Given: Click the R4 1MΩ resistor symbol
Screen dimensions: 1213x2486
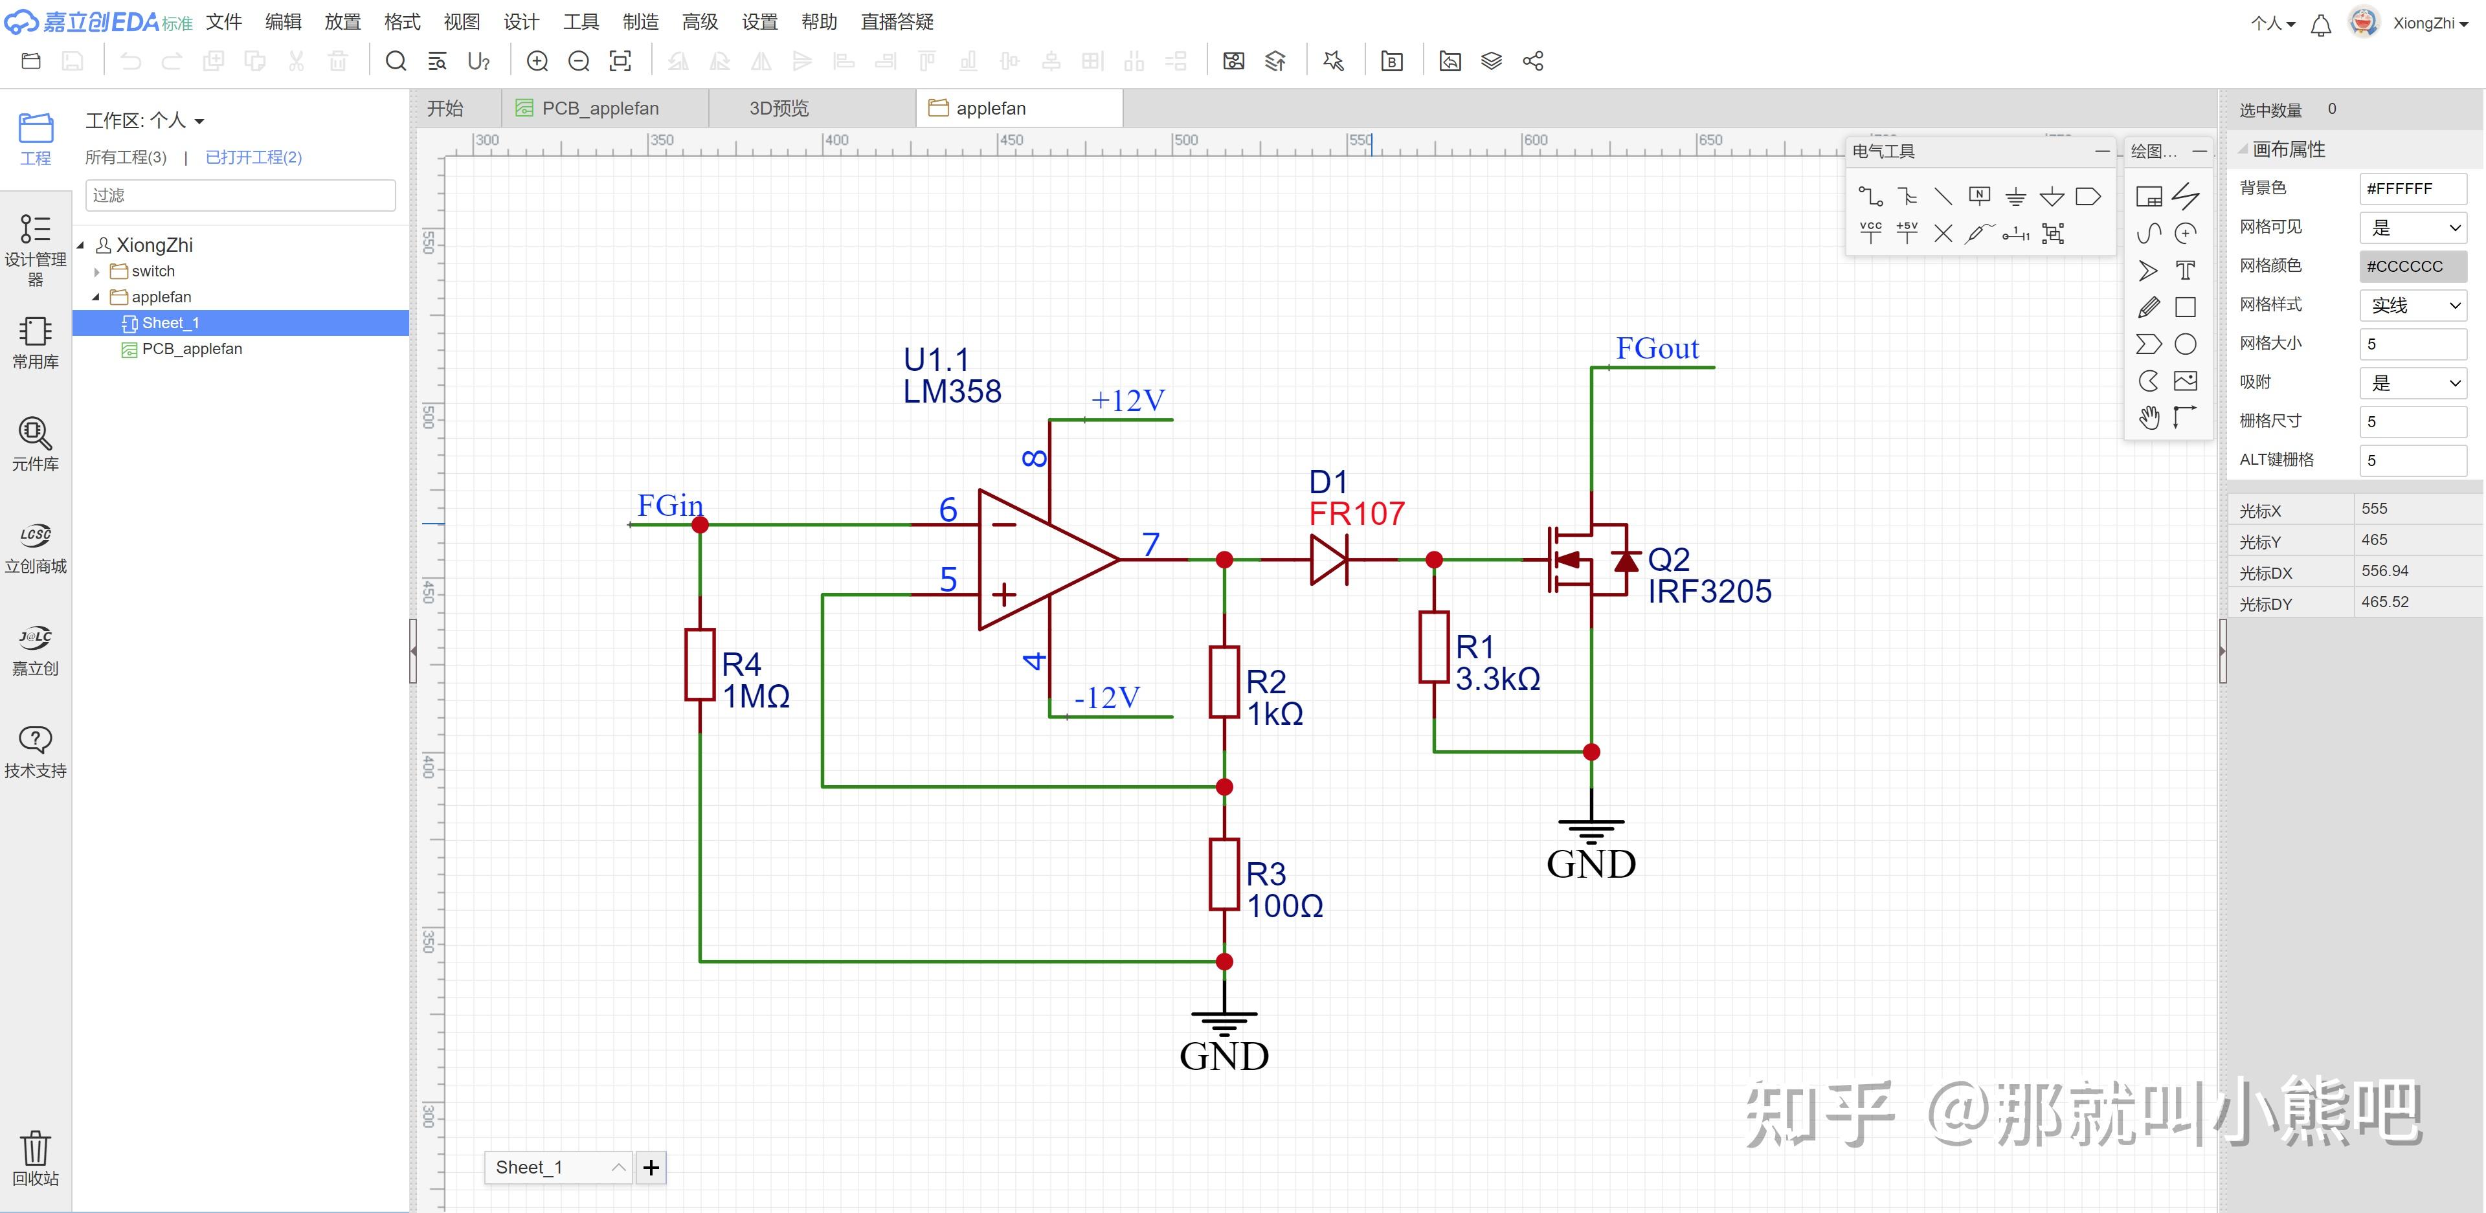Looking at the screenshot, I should coord(700,664).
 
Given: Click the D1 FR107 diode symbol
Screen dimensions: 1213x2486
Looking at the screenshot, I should coord(1328,560).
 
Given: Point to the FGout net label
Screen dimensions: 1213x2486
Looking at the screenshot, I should coord(1657,348).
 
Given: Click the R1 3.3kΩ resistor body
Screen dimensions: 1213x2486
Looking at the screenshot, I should coord(1434,647).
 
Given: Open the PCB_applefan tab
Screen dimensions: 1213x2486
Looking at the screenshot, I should coord(599,108).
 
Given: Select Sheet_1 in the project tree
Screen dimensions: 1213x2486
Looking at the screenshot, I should coord(170,323).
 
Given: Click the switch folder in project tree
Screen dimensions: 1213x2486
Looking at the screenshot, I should coord(153,271).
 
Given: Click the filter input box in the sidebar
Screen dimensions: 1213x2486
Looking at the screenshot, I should coord(240,195).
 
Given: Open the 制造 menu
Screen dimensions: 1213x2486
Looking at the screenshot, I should coord(640,21).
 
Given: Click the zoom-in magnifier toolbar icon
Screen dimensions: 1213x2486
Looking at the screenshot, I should coord(537,61).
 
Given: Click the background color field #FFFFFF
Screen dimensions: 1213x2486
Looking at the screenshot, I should coord(2412,188).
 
